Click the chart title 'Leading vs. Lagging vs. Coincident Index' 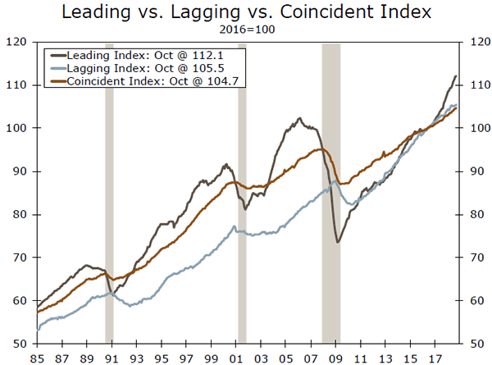click(246, 13)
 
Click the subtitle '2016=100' click(246, 30)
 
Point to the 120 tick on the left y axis click(17, 42)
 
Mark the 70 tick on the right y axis click(476, 258)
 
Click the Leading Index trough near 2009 click(337, 242)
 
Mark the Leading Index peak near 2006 click(299, 119)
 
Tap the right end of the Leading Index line click(456, 76)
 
